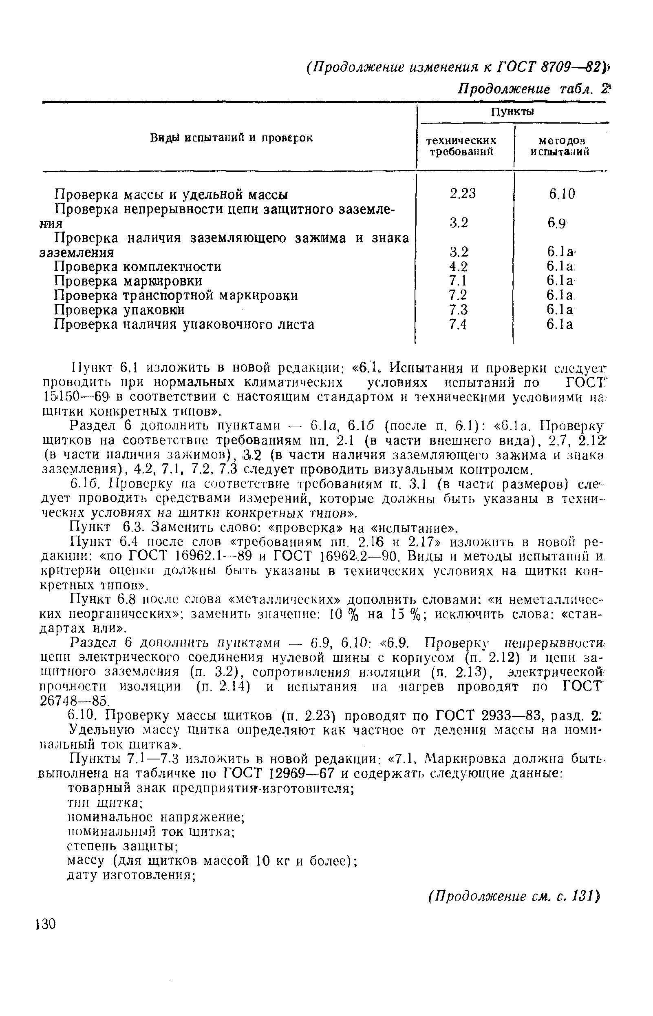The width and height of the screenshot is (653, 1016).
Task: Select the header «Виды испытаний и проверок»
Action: tap(232, 138)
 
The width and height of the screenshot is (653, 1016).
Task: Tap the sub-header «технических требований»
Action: tap(461, 146)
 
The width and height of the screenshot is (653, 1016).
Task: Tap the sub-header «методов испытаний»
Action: tap(559, 146)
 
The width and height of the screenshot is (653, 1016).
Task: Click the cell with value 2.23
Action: tap(463, 194)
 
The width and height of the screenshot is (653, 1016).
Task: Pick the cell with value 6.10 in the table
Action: tap(562, 194)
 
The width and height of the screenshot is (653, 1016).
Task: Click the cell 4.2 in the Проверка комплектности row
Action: tap(459, 267)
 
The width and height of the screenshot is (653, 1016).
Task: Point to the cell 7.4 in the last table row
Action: tap(458, 325)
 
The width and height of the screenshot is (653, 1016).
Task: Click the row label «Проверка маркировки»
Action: tap(128, 281)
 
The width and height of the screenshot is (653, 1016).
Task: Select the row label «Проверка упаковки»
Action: tap(120, 310)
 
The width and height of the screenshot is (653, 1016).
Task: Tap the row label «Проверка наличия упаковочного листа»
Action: tap(185, 325)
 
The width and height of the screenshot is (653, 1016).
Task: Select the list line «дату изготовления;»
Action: tap(131, 875)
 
